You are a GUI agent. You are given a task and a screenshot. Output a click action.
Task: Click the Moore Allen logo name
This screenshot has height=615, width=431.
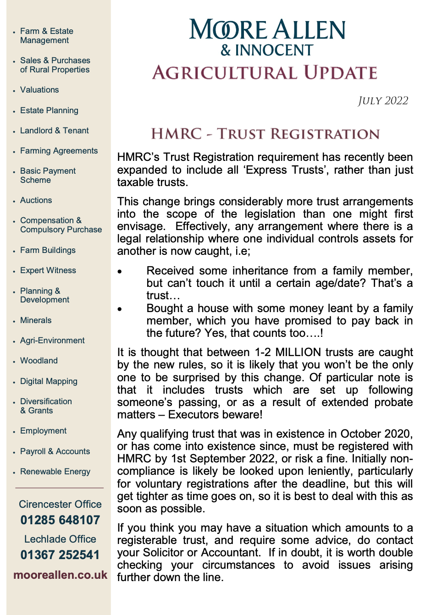(267, 30)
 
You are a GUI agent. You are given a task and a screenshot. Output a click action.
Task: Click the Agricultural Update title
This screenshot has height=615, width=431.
(265, 73)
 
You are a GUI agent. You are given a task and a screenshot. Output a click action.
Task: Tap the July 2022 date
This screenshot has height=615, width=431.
(383, 101)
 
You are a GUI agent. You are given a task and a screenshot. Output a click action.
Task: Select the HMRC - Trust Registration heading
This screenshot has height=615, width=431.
(265, 134)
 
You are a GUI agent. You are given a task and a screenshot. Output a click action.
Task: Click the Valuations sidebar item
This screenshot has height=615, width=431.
(39, 90)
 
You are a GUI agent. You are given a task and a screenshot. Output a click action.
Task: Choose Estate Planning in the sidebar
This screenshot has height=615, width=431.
(49, 110)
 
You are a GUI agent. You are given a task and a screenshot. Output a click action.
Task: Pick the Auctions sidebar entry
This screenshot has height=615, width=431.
(36, 200)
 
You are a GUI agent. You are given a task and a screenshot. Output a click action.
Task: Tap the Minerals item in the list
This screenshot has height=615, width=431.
(36, 320)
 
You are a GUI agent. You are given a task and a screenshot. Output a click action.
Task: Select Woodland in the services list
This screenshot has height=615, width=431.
(39, 361)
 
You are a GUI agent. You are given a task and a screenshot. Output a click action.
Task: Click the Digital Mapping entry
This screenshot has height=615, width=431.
(49, 381)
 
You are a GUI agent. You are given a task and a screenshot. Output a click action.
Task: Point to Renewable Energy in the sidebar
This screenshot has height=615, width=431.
(55, 472)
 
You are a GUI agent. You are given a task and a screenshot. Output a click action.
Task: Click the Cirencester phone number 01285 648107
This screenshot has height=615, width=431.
(60, 520)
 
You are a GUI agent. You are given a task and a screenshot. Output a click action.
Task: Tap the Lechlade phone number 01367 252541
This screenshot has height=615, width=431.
(60, 555)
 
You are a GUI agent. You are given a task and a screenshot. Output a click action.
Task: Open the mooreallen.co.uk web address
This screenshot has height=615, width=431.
(60, 575)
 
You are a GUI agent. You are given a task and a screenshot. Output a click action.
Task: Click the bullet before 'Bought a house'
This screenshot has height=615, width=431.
(120, 309)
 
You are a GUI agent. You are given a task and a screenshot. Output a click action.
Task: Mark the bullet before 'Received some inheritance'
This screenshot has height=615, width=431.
(120, 271)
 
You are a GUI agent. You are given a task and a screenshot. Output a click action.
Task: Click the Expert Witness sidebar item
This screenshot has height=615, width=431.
(48, 270)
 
